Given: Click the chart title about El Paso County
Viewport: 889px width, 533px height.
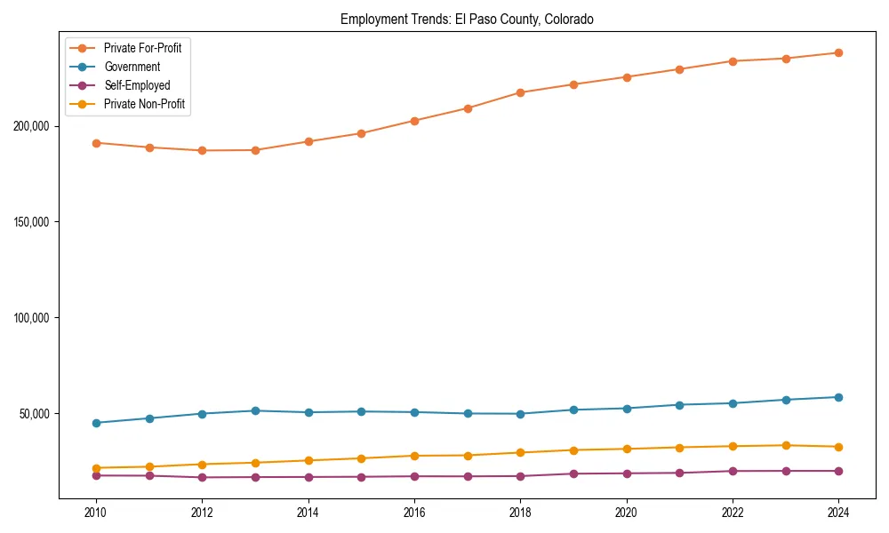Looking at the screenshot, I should coord(467,19).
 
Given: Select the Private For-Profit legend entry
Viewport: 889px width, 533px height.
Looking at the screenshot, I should coord(142,48).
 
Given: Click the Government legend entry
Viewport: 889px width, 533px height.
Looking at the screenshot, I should coord(132,67).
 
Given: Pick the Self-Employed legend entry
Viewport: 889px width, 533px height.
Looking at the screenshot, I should coord(136,85).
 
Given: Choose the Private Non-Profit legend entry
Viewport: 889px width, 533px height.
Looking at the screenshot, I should coord(145,104).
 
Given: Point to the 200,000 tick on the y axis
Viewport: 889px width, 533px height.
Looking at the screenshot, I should coord(31,126).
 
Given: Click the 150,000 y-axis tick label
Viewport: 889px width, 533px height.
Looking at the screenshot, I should coord(31,222).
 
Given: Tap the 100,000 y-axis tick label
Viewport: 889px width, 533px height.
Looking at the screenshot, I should coord(31,318).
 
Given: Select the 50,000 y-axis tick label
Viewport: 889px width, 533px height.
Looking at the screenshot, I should coord(34,414).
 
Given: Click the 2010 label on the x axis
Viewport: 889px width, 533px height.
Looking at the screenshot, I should coord(96,513).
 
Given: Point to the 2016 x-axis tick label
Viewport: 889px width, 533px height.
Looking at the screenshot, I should coord(414,513).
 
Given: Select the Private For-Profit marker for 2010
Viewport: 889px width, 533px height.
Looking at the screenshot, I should coord(96,143).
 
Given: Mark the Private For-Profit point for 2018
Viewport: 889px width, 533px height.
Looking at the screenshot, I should coord(520,92).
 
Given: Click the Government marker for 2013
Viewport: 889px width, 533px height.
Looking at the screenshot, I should coord(255,410).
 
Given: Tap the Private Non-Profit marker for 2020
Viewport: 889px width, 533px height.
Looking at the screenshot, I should coord(627,449).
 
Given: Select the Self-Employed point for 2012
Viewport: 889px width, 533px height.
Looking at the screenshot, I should coord(202,477).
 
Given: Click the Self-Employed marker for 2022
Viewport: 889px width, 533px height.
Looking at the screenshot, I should coord(733,471).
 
